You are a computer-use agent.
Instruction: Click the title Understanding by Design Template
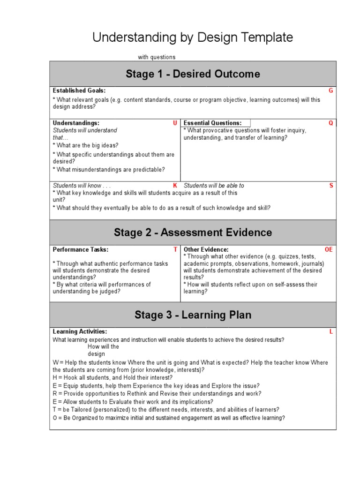pos(193,38)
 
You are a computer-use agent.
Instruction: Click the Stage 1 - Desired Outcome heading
pos(193,74)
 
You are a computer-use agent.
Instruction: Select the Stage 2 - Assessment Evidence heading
pos(193,232)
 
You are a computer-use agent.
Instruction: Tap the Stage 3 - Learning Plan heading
pos(193,315)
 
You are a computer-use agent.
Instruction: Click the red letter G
pos(331,91)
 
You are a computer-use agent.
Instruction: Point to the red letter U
pos(175,123)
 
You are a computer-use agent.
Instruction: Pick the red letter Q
pos(331,123)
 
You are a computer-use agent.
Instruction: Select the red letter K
pos(175,186)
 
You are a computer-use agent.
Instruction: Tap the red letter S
pos(331,186)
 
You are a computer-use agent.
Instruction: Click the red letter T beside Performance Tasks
pos(175,250)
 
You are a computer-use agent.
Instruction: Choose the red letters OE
pos(329,250)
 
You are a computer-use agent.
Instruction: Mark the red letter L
pos(331,332)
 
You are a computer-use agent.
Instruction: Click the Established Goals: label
pos(79,91)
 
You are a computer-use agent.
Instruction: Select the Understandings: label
pos(76,123)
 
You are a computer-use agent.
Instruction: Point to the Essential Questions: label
pos(213,123)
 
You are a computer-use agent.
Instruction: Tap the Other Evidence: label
pos(206,250)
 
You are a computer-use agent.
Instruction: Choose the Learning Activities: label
pos(80,332)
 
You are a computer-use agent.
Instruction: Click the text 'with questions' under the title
pos(157,57)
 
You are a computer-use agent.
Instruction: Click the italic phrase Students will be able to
pos(214,186)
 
